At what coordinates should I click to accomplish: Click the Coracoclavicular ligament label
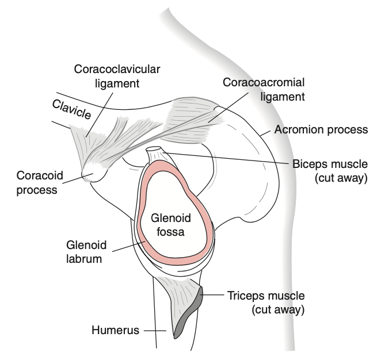(117, 76)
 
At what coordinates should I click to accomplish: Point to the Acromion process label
(321, 130)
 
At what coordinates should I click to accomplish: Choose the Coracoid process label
(37, 182)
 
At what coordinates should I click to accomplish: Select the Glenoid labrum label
(84, 251)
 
